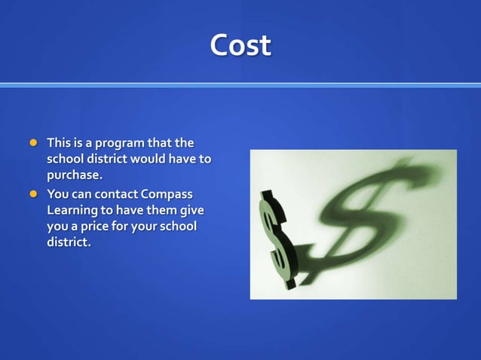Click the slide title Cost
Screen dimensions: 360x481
(x=240, y=46)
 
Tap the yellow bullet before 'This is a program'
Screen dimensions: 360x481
(x=32, y=142)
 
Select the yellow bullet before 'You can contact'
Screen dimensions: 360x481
(x=32, y=194)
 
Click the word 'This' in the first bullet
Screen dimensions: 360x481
(x=58, y=142)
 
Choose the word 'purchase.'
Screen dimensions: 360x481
(x=74, y=175)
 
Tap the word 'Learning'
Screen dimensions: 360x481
(x=72, y=211)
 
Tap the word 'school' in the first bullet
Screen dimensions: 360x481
(x=65, y=159)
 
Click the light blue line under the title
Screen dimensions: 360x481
(x=240, y=85)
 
